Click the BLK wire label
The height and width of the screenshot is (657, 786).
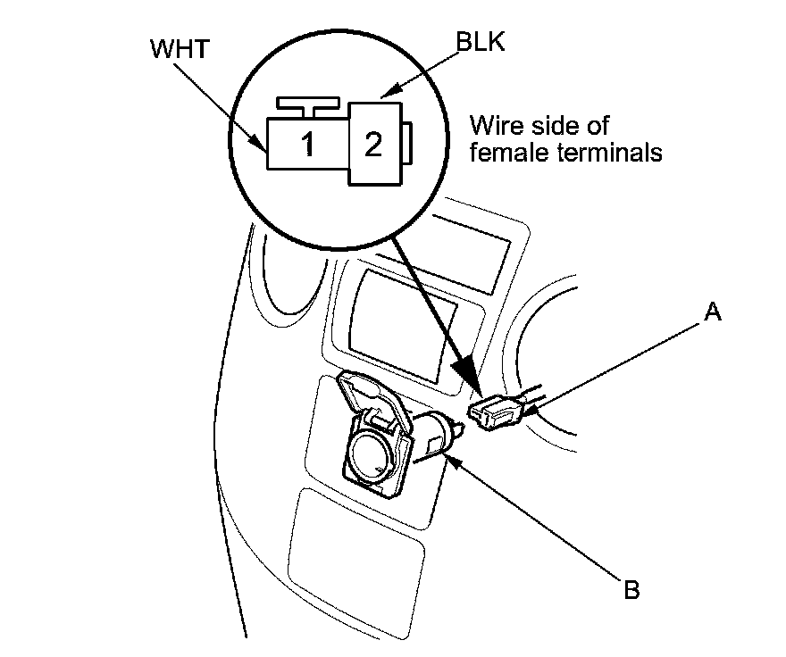(x=481, y=43)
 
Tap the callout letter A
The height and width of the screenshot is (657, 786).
(x=713, y=312)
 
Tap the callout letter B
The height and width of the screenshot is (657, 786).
(x=631, y=590)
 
